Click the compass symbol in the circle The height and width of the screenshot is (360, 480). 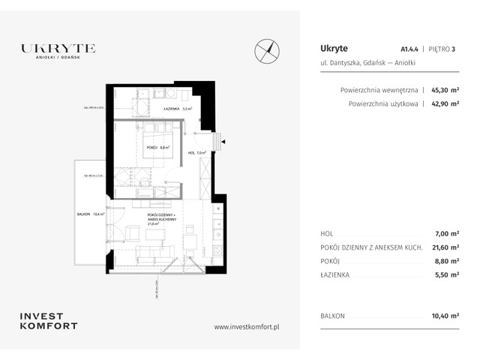point(267,49)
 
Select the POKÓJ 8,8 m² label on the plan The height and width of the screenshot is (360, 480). point(157,148)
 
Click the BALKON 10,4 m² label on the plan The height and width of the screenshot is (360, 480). point(91,214)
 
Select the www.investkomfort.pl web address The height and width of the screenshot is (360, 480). point(247,326)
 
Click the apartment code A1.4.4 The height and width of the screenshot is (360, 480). point(409,49)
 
